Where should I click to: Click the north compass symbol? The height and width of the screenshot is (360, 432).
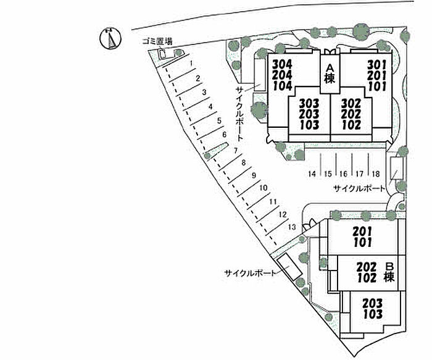click(108, 38)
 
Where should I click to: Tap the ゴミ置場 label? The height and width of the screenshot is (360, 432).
click(157, 41)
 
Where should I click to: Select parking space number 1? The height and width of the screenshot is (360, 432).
click(193, 63)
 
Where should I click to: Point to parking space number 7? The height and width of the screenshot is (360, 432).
click(236, 151)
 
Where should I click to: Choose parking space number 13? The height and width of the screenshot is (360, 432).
click(291, 227)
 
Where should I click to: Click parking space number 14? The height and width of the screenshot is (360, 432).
click(313, 174)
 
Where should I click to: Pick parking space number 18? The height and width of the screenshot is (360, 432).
click(375, 174)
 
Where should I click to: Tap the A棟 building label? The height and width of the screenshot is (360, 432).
click(330, 73)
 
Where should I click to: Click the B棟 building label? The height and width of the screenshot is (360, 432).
click(389, 272)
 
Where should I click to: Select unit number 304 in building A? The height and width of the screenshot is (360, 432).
click(282, 64)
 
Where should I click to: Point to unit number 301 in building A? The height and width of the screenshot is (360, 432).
click(377, 64)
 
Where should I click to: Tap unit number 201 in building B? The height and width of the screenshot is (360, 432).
click(362, 231)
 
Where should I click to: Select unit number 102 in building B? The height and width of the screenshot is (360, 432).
click(367, 278)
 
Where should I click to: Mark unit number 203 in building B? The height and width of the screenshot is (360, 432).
click(373, 303)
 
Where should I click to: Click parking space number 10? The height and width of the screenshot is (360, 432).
click(263, 188)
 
